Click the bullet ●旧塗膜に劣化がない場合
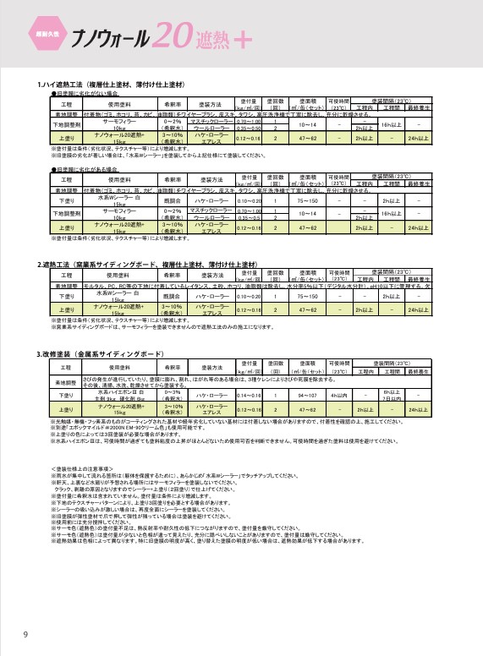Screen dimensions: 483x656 coord(85,94)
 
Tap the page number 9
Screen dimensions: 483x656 coord(25,635)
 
